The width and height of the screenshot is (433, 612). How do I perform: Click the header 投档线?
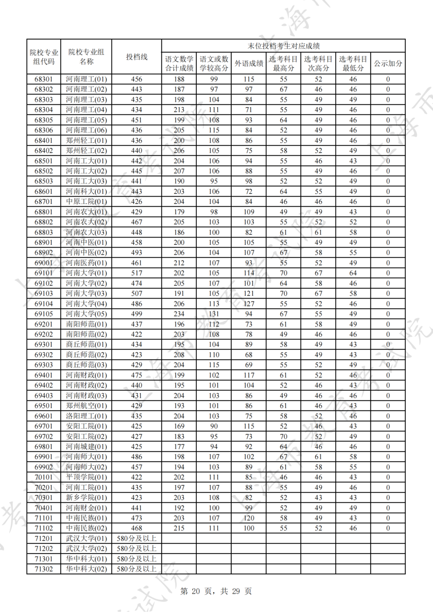[137, 57]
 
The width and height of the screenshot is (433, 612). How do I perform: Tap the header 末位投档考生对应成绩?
[283, 46]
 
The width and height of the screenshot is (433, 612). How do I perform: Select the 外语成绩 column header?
[249, 63]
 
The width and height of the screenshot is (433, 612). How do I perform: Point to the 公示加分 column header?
[388, 63]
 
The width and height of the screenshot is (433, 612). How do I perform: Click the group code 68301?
[44, 79]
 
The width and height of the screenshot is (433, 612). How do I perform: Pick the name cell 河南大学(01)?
[86, 273]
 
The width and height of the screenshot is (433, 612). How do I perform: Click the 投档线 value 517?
[137, 273]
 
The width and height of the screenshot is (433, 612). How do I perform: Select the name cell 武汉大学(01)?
[86, 538]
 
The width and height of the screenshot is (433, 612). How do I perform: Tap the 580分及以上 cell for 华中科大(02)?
[137, 569]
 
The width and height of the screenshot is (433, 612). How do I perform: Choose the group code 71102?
[44, 528]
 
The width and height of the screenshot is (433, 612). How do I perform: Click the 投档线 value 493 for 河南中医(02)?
[137, 252]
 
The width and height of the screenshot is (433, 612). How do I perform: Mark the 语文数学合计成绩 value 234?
[179, 314]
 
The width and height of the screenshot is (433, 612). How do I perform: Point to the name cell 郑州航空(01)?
[86, 406]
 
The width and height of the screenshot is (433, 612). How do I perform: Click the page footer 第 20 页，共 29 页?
[216, 591]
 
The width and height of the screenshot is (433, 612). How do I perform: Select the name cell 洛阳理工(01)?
[86, 416]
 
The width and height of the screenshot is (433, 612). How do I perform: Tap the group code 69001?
[44, 263]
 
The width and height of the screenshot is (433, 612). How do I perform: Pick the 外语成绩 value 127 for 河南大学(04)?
[249, 304]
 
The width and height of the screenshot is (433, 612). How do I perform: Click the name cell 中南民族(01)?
[86, 518]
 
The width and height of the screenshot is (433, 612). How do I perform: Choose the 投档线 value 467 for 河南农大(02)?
[137, 222]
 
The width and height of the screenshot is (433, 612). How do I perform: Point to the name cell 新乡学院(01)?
[86, 497]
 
